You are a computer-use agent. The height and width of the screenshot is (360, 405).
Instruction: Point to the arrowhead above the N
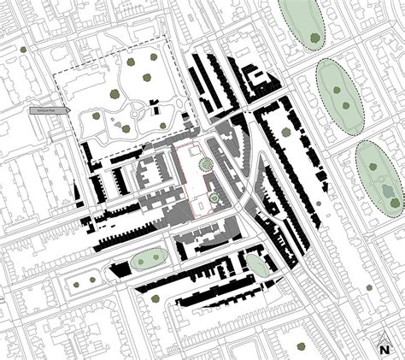coord(384,339)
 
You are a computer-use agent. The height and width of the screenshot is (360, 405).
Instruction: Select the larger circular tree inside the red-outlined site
coord(205,163)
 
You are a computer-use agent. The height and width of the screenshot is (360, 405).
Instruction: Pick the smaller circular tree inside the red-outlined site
coord(213,199)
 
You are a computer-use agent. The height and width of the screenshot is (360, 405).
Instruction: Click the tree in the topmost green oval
coord(317,37)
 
